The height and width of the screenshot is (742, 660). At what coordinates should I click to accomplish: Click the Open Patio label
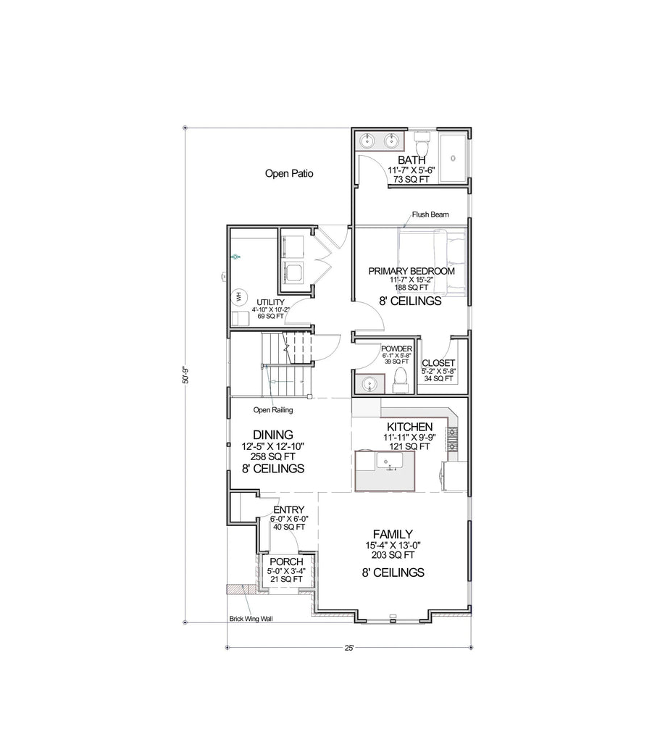pos(289,173)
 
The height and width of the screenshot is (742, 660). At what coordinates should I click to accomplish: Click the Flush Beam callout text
pos(430,214)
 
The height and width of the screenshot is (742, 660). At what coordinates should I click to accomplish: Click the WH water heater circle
pos(238,296)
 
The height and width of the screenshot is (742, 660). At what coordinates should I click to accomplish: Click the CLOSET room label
pos(438,362)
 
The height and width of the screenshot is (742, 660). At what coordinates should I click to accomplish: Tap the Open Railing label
pos(273,410)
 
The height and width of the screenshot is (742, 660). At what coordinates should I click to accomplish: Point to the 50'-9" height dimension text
pos(185,375)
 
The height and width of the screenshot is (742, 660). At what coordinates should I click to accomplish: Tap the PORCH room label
pos(285,562)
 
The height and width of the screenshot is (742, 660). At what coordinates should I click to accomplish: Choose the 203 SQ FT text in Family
pos(392,556)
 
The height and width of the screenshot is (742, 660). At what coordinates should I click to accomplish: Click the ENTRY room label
pos(288,509)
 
